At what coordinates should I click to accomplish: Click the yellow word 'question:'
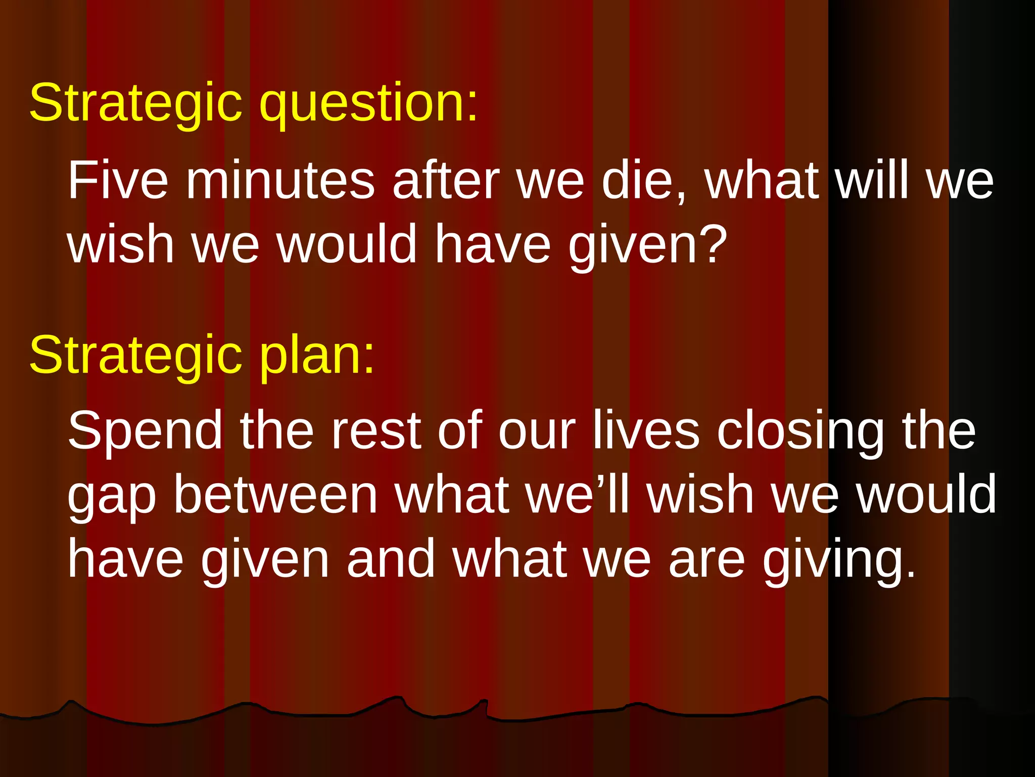[x=368, y=104]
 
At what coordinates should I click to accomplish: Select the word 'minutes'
[x=280, y=180]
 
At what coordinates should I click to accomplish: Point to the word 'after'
[x=446, y=180]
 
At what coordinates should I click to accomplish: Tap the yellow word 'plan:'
[x=317, y=355]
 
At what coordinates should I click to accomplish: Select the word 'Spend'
[x=146, y=431]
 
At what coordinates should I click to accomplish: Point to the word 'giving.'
[x=839, y=560]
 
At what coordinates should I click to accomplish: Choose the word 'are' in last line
[x=707, y=560]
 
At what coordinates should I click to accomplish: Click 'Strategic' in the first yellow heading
[x=135, y=104]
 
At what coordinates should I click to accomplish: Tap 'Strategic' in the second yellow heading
[x=135, y=355]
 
